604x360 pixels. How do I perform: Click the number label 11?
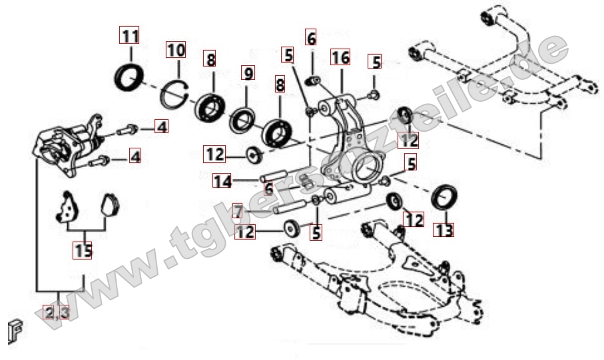(129, 36)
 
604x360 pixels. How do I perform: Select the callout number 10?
(176, 50)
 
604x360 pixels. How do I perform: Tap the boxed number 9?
(248, 73)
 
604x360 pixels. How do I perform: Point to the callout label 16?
(340, 57)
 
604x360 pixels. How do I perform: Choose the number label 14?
(222, 180)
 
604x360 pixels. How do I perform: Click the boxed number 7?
(238, 211)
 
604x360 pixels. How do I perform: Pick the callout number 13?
(444, 230)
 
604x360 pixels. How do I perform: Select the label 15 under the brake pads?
(83, 251)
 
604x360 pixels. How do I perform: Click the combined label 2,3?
(57, 312)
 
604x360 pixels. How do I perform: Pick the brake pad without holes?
(110, 204)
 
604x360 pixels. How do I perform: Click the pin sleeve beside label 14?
(276, 174)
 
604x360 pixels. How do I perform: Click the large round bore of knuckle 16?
(364, 168)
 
